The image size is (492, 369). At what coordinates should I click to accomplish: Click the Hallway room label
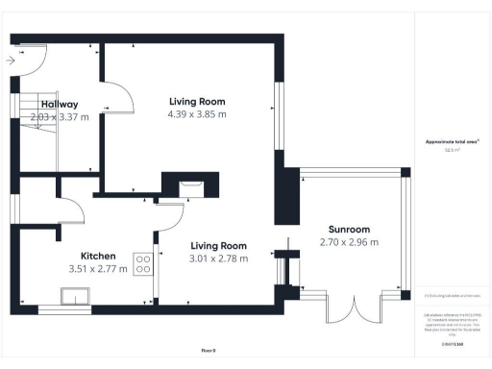point(60,105)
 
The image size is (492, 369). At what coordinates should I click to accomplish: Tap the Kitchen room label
point(99,256)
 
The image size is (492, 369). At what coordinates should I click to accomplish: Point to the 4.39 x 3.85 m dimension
point(196,113)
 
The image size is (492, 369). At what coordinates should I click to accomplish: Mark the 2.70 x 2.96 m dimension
point(348,242)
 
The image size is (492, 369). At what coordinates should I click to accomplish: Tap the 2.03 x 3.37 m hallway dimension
point(60,116)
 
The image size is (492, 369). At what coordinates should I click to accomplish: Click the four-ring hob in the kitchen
point(143,262)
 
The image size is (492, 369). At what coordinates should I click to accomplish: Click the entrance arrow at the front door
point(10,61)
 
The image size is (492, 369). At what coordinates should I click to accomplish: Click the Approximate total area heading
point(453,141)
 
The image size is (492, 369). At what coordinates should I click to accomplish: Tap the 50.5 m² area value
point(452,150)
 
